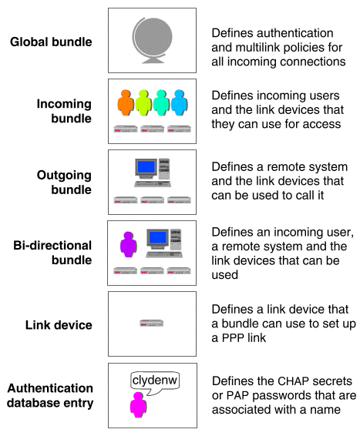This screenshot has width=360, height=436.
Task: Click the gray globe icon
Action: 152,40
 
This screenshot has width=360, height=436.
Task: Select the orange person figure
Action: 126,102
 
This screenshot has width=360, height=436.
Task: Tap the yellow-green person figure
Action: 143,102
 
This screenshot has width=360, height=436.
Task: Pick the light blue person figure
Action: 179,102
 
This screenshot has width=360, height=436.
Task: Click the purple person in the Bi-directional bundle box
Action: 128,245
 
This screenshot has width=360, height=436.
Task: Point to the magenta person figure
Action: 138,404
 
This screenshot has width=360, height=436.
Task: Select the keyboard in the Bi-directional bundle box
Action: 164,254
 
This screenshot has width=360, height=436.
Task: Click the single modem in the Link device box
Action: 151,323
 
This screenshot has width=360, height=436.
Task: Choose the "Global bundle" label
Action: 51,42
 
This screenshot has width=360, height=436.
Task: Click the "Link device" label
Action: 59,325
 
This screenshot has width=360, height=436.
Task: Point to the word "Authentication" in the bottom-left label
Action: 50,388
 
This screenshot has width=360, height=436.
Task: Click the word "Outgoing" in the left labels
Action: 64,176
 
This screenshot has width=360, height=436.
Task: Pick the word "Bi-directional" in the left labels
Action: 52,246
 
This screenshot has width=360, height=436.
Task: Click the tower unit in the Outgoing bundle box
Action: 164,169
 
